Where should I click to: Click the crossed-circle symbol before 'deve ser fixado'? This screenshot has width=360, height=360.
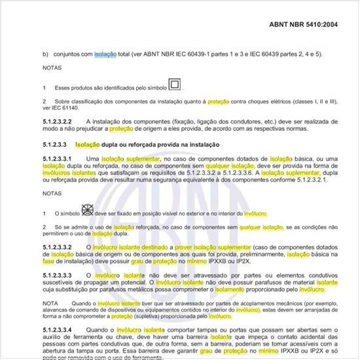[x=86, y=211]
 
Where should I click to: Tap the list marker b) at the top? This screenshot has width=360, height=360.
[x=46, y=54]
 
